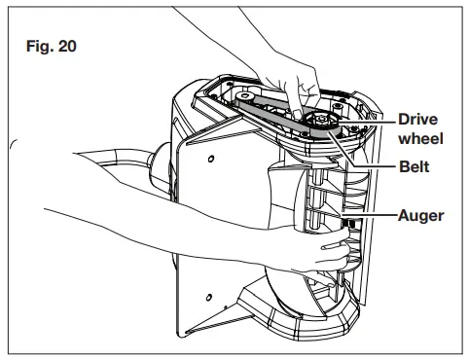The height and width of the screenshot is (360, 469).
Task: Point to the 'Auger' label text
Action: point(417,215)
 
